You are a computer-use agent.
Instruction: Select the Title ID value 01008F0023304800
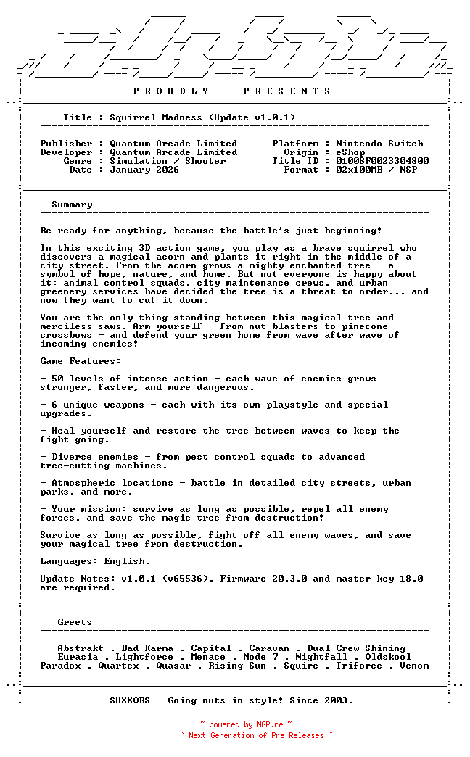(382, 161)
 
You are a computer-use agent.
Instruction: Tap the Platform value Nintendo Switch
(379, 144)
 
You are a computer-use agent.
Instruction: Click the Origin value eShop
(350, 152)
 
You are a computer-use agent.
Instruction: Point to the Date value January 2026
(144, 170)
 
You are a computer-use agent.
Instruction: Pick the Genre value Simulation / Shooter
(168, 161)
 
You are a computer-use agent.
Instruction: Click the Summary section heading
(72, 204)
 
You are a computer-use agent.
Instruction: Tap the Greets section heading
(75, 622)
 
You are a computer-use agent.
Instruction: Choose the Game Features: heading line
(81, 361)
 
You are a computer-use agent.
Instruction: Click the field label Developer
(66, 152)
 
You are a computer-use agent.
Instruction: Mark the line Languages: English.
(95, 561)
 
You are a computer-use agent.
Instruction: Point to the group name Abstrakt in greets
(81, 648)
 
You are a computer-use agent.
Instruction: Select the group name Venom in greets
(414, 666)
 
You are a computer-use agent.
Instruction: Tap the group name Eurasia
(78, 657)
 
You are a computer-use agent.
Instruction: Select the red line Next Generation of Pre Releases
(256, 735)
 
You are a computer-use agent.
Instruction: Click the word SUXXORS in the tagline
(130, 700)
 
